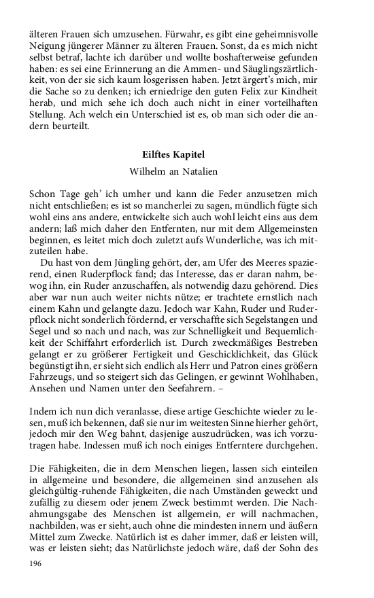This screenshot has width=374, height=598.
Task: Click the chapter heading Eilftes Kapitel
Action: tap(186, 155)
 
